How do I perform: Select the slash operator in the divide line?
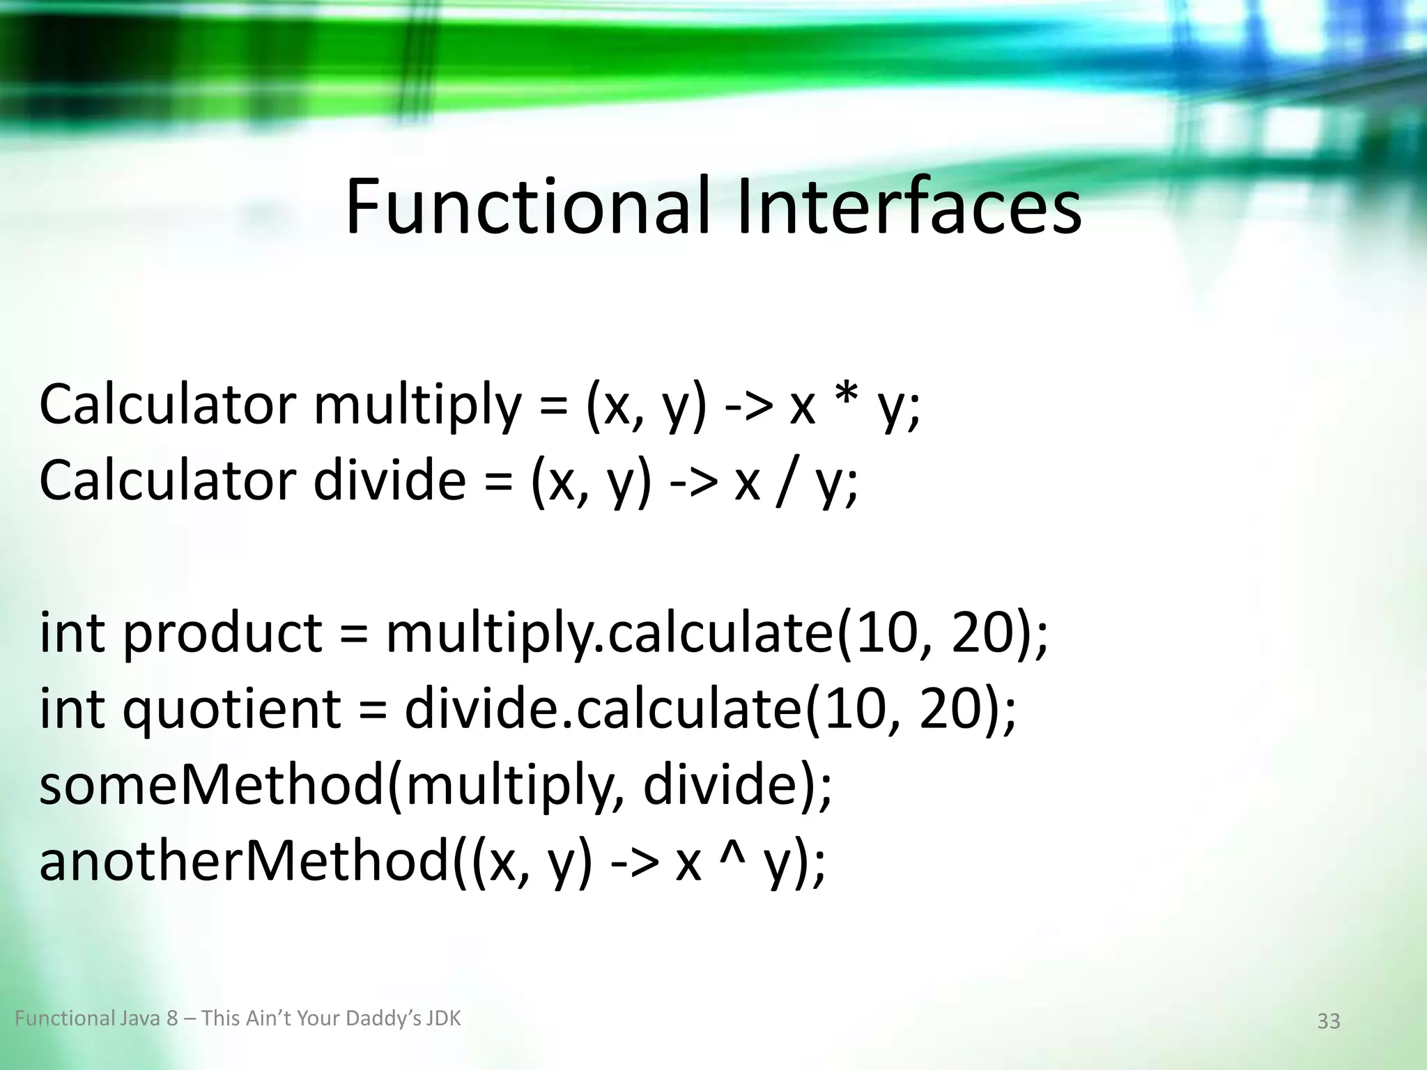(x=790, y=481)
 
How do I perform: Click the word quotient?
(x=231, y=711)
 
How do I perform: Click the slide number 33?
(x=1328, y=1021)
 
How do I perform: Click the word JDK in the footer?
(x=444, y=1019)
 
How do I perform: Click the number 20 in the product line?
(x=982, y=634)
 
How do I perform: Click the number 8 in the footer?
(x=172, y=1019)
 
